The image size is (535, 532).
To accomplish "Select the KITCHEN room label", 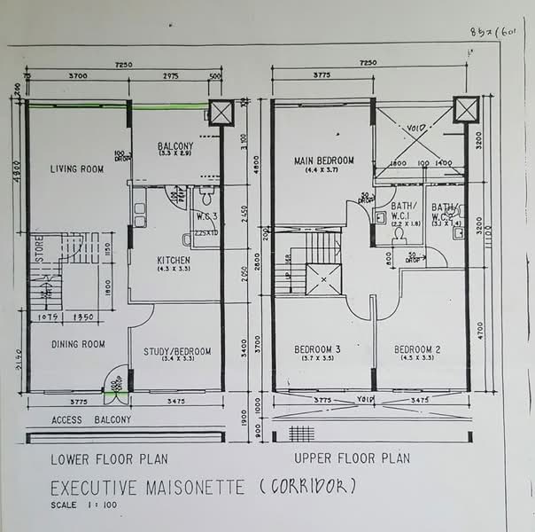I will click(174, 260).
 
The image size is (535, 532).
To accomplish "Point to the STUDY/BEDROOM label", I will click(177, 352).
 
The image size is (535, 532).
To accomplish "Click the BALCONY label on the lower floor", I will click(176, 146).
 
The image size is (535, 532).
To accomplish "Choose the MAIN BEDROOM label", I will click(324, 160).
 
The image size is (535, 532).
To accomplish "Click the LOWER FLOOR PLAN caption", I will click(109, 459).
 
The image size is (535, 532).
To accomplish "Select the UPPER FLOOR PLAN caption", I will click(353, 458).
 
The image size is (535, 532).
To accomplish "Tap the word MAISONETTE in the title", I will click(185, 488).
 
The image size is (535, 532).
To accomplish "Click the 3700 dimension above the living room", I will click(76, 76).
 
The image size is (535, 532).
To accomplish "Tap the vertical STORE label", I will click(38, 248).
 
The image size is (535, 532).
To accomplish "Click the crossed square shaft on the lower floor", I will click(220, 113).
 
